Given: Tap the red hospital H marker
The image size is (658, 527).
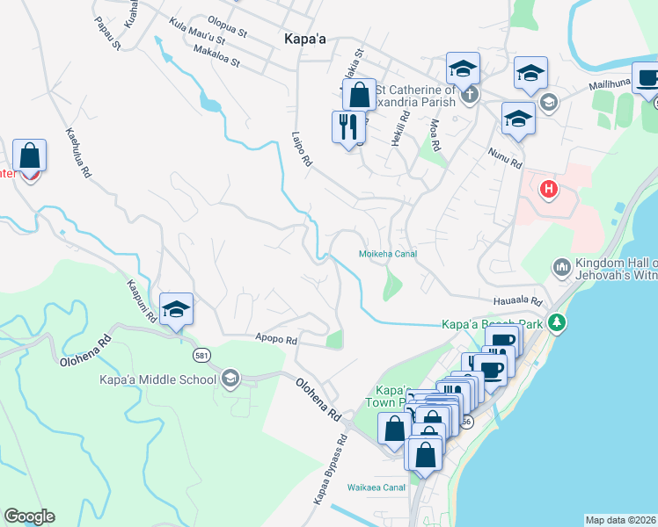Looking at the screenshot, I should [x=549, y=189].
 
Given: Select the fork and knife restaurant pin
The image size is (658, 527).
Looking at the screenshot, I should [x=349, y=127].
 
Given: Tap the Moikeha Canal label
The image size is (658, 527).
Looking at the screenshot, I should [x=387, y=254].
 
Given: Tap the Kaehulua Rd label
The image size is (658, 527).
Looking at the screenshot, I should [x=78, y=154].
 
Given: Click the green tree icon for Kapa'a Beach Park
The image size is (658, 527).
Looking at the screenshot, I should [x=556, y=324].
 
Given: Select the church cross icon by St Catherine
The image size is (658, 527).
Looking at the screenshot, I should [x=471, y=94].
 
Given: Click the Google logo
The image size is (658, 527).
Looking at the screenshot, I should [x=29, y=516].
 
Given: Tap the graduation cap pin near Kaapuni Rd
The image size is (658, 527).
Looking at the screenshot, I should [x=177, y=309].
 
